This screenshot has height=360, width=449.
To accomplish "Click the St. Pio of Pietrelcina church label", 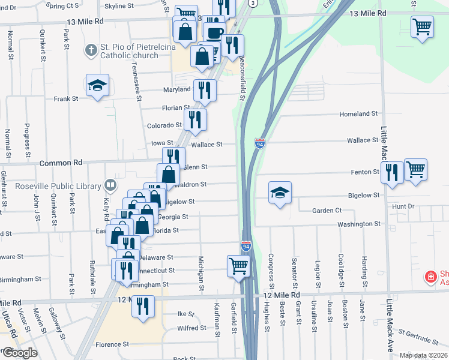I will pos(129,52).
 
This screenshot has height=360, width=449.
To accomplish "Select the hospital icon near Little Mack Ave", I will pos(430,277).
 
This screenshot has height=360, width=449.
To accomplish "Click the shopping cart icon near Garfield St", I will pos(238,265).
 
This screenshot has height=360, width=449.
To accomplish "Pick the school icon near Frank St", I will pos(97,85).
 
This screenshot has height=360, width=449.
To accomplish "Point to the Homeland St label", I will pos(358,113).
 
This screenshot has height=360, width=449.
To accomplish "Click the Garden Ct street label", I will pos(327,211).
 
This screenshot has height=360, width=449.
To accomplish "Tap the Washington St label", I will pos(359,224).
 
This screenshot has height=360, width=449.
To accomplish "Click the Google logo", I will pos(19,353).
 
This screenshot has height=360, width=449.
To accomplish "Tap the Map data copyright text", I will pos(423,355).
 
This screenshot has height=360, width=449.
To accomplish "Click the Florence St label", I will pos(112,344).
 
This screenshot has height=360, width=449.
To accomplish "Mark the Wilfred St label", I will pos(192,328).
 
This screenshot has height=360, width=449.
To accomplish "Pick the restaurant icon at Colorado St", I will pos(195,119).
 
